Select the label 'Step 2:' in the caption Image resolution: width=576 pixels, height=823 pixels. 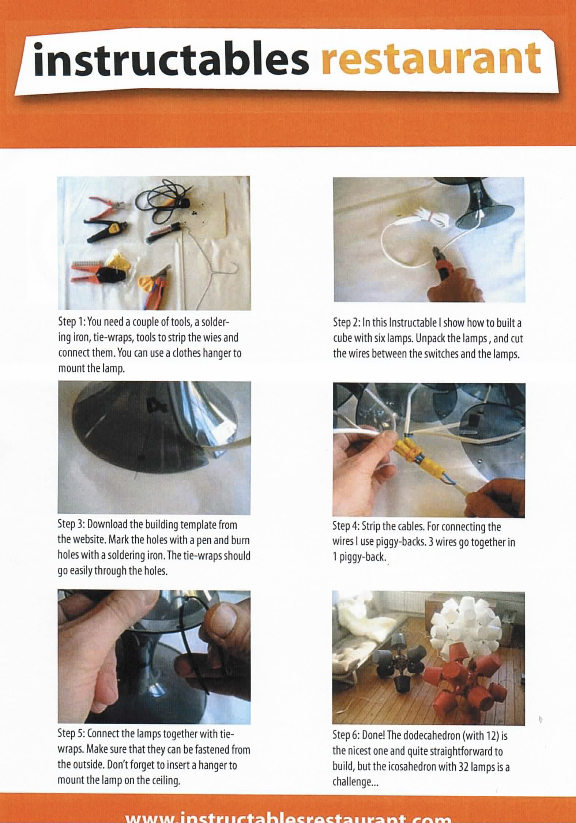pyautogui.click(x=346, y=323)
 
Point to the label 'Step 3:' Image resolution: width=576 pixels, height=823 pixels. pyautogui.click(x=71, y=525)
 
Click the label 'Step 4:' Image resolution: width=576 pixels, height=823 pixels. pyautogui.click(x=346, y=526)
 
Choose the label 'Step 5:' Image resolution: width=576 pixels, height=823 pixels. pyautogui.click(x=72, y=733)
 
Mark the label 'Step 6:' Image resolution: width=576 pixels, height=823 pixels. pyautogui.click(x=346, y=735)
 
